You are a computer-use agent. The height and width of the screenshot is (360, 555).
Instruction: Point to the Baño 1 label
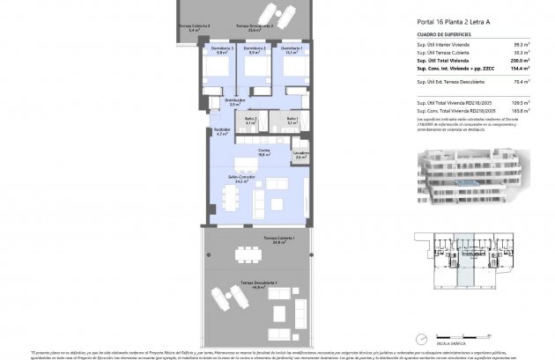[290, 121]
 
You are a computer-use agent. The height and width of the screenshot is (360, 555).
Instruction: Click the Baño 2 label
[250, 121]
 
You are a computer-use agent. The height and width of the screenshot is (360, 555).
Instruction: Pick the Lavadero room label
[300, 155]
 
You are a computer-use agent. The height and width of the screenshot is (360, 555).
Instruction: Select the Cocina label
[263, 151]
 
